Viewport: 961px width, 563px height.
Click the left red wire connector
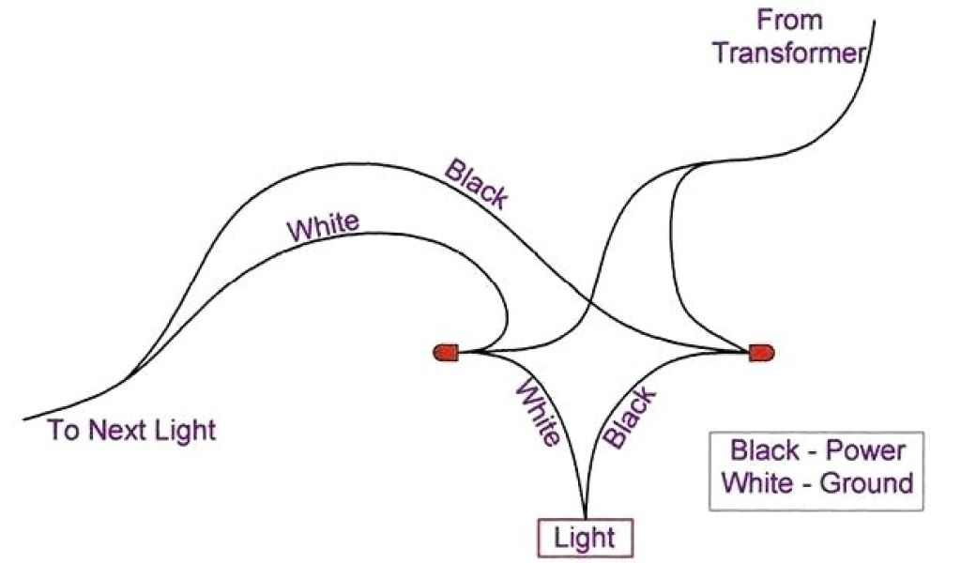click(446, 353)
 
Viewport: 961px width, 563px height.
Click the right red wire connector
click(761, 353)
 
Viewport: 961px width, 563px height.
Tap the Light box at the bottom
click(585, 539)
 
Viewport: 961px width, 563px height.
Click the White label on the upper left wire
click(323, 226)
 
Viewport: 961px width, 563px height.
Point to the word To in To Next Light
click(65, 431)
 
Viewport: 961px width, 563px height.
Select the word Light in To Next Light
click(188, 431)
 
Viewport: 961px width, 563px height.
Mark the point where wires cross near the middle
click(588, 302)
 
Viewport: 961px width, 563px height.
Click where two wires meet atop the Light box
click(586, 514)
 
